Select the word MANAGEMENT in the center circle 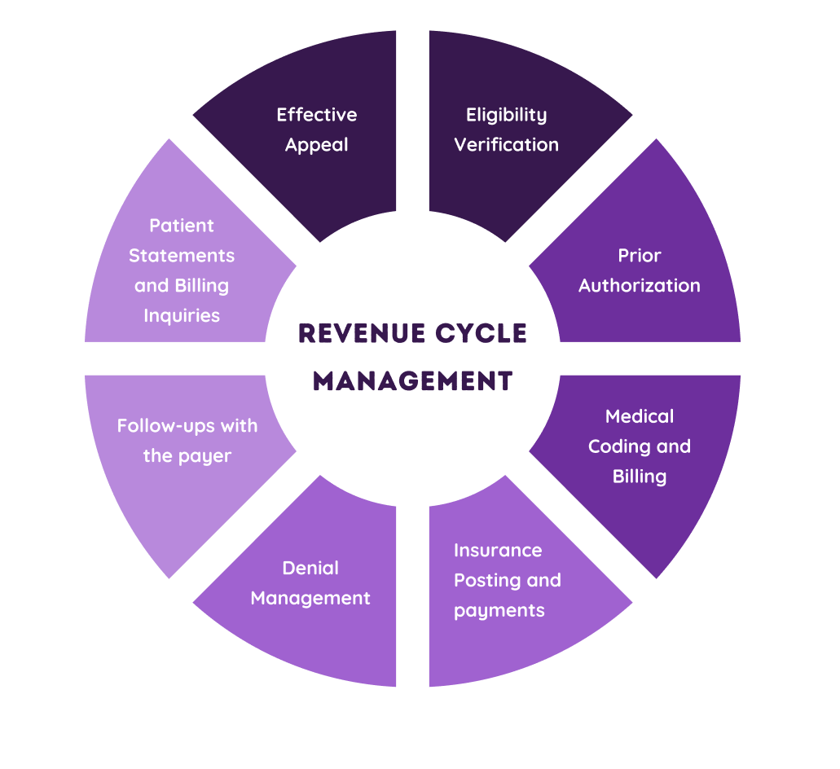point(413,380)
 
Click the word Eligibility point(506,115)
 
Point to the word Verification point(506,145)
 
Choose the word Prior point(639,255)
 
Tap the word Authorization point(639,285)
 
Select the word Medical point(639,416)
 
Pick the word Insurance point(497,551)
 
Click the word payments point(499,610)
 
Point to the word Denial point(310,568)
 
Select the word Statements point(181,256)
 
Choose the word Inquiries point(181,315)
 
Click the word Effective point(316,115)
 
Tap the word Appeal point(316,146)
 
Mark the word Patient point(181,226)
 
